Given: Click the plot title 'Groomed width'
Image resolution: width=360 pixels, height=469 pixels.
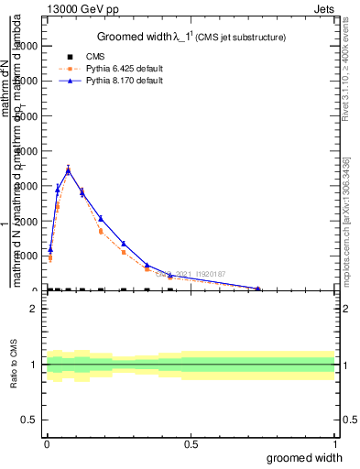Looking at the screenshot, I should pyautogui.click(x=136, y=37).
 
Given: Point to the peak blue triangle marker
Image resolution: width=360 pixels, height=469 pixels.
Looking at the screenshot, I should pyautogui.click(x=68, y=170).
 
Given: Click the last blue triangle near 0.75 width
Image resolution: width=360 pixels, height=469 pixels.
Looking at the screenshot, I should pyautogui.click(x=258, y=289).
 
